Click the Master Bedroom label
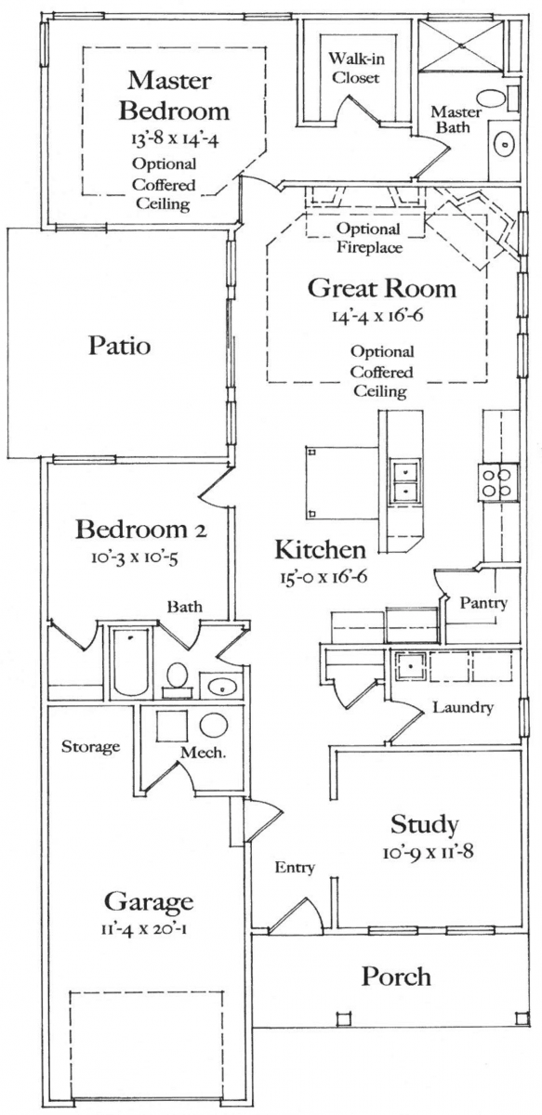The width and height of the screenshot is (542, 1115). point(173,96)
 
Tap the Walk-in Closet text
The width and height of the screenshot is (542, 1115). point(356,68)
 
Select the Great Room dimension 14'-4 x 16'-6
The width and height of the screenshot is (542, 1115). point(377,315)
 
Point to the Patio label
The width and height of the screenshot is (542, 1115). point(120,345)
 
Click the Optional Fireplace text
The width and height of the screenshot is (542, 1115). point(369,238)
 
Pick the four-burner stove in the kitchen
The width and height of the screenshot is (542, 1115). point(498,482)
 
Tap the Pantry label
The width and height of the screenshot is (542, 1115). point(483,603)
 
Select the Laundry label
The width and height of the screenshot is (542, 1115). point(463,707)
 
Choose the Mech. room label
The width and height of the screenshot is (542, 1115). point(204,752)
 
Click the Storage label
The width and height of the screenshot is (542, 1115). point(91,747)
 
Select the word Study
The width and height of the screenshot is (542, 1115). point(424,825)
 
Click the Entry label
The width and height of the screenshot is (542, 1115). point(295,868)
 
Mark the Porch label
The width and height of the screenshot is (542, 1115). point(396,977)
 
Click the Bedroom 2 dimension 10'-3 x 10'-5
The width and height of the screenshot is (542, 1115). point(135,557)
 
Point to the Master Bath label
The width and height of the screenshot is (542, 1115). point(456,120)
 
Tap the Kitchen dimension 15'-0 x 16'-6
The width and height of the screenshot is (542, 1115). point(324,577)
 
